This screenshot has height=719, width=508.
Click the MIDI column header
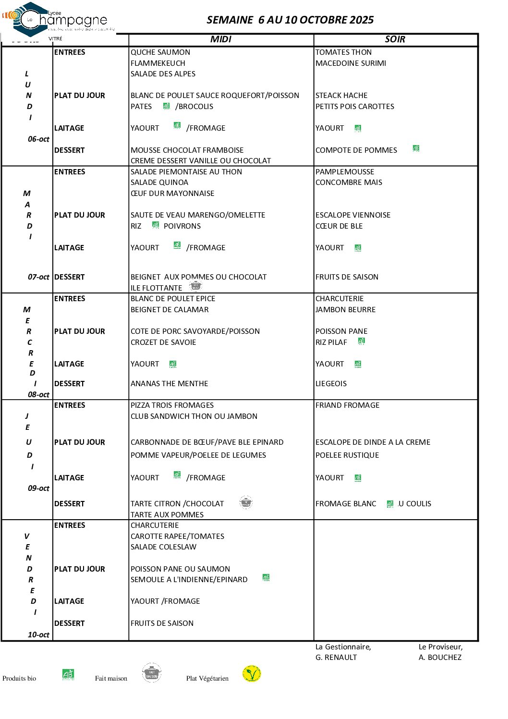point(221,39)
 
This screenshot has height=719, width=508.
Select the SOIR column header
point(395,39)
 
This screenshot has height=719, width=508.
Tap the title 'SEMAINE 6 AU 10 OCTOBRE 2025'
point(290,20)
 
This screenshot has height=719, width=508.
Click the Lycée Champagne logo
point(58,20)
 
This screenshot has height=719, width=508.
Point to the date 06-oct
point(38,139)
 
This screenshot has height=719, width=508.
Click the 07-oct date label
point(38,277)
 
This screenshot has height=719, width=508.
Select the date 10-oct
point(38,635)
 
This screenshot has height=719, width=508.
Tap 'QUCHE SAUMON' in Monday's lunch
point(160,52)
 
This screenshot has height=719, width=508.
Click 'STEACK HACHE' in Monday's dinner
point(341,96)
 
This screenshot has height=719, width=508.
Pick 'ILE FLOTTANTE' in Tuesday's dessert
point(156,288)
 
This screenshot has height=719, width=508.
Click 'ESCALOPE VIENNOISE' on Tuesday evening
point(353,215)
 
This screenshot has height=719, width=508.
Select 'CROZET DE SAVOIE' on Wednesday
point(163,342)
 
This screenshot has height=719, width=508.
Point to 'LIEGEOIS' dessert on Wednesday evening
point(331,384)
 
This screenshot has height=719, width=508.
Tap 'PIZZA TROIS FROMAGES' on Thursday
point(172,405)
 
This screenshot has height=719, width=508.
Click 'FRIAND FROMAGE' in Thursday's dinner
point(347,405)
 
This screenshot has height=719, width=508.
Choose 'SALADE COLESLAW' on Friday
point(163,547)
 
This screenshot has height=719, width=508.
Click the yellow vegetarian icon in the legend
point(252,673)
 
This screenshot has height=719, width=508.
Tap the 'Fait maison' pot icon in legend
point(152,673)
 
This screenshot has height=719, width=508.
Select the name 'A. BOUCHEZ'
point(440,658)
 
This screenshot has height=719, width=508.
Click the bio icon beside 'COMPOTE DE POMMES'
point(416,148)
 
